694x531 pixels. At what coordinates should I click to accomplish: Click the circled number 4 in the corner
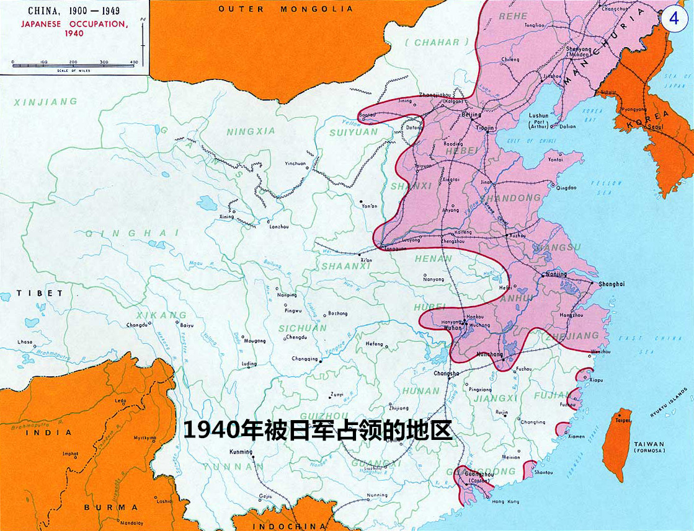tap(674, 17)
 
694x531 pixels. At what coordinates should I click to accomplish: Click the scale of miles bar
tap(73, 64)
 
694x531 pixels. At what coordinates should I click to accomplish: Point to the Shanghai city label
tap(611, 284)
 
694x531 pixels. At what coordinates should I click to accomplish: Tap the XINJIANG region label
tap(45, 102)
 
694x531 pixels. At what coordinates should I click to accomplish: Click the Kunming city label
tap(241, 452)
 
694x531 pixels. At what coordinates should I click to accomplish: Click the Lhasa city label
tap(25, 341)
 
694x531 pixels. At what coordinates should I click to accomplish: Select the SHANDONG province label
tap(518, 198)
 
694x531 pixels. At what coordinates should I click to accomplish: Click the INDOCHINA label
tap(289, 526)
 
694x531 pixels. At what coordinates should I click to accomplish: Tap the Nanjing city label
tap(556, 273)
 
